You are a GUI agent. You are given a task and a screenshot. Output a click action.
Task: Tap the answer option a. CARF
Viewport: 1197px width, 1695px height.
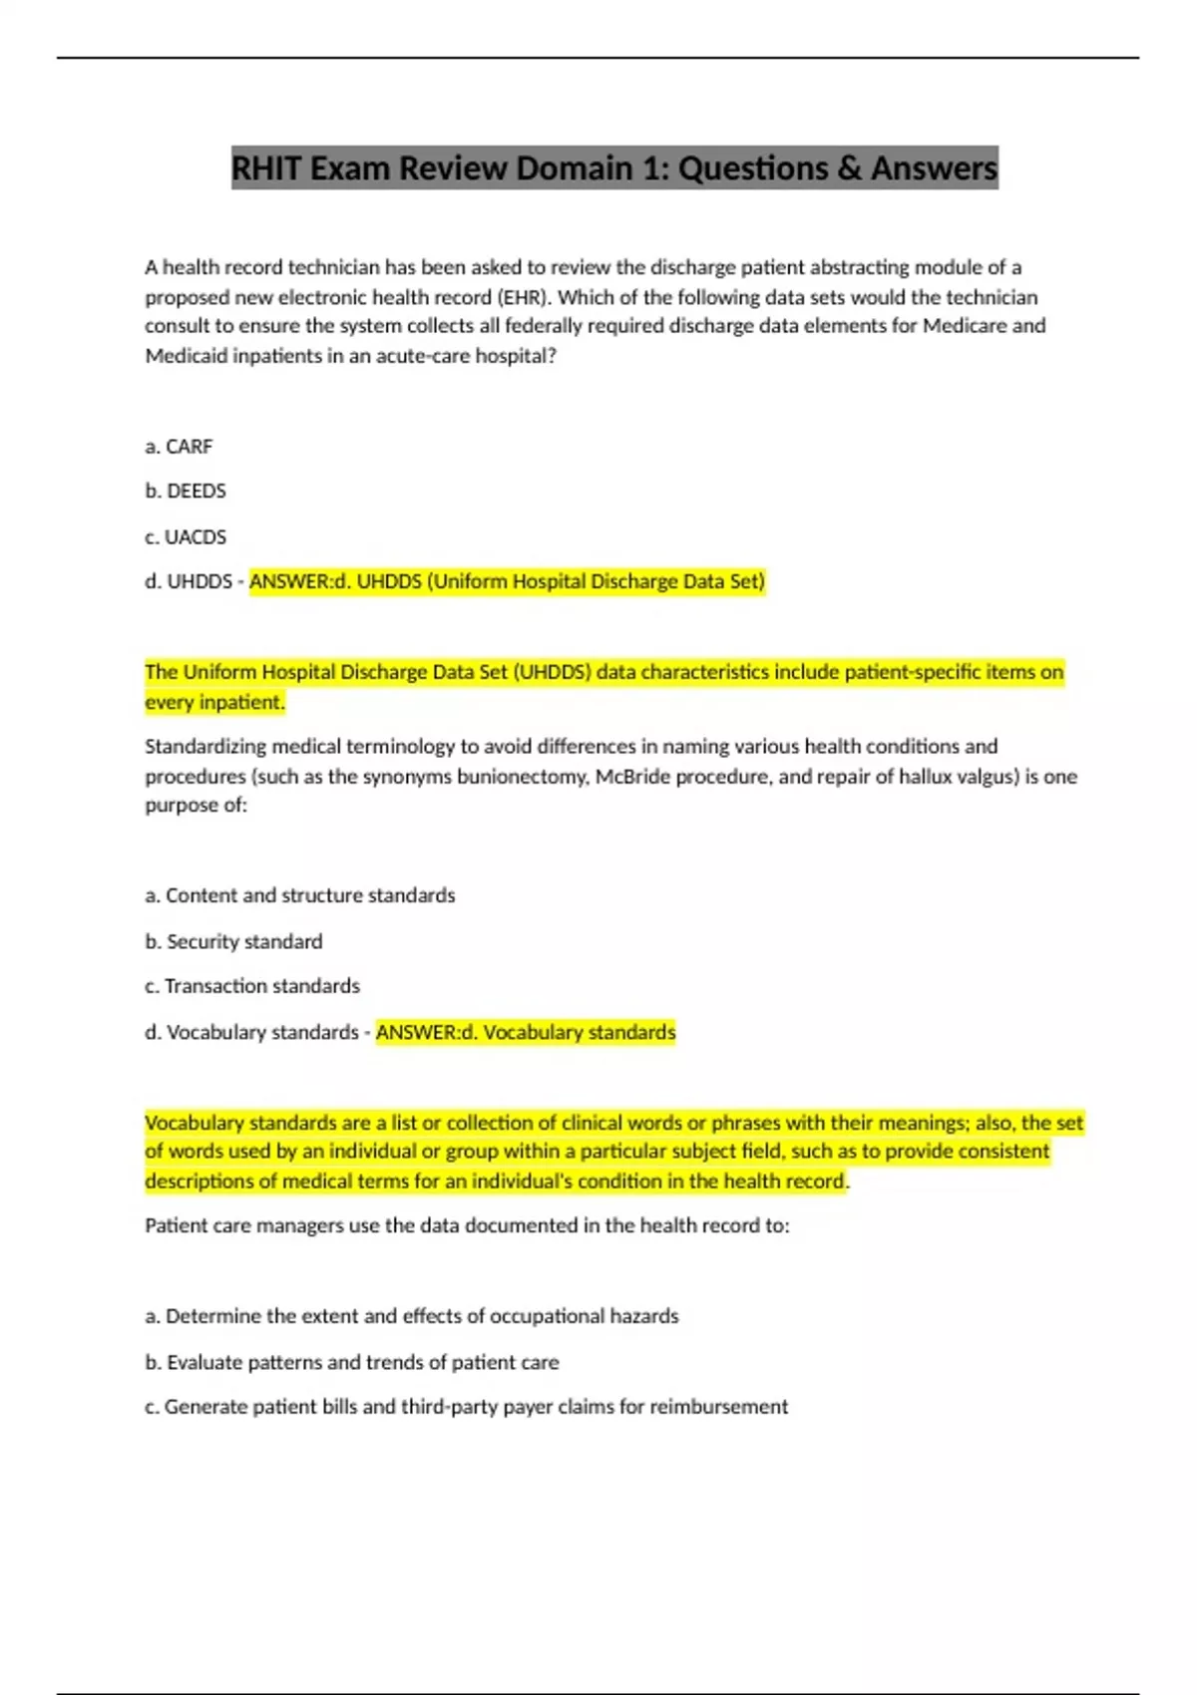click(x=179, y=447)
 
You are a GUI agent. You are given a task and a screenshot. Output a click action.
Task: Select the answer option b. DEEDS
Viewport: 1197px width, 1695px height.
click(x=186, y=491)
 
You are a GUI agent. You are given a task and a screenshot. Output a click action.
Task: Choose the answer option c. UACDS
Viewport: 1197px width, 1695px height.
click(x=186, y=536)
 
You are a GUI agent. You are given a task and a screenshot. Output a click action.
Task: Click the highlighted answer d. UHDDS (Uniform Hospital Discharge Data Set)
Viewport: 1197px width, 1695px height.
click(x=507, y=581)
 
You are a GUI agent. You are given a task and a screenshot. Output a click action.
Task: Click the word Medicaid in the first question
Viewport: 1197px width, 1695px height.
click(x=187, y=356)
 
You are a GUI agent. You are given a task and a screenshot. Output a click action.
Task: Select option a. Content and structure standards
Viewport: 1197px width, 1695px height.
click(x=299, y=895)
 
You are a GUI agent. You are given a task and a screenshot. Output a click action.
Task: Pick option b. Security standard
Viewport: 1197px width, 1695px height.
click(x=233, y=941)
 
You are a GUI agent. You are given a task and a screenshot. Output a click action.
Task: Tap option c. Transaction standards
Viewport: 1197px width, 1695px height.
click(x=252, y=986)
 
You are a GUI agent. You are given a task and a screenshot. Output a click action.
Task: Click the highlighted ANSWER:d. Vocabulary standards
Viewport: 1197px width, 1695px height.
click(x=526, y=1032)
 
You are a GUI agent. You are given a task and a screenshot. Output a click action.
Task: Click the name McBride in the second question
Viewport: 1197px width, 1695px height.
click(x=632, y=776)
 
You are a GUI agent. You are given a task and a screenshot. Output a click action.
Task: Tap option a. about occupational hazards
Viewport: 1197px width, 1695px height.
click(x=411, y=1316)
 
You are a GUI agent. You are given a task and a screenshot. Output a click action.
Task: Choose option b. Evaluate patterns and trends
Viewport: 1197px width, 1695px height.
click(x=352, y=1362)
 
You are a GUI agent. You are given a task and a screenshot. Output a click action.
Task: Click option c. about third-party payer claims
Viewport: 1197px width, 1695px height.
click(x=466, y=1407)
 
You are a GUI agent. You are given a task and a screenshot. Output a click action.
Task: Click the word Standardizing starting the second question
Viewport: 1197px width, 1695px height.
click(x=206, y=746)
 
